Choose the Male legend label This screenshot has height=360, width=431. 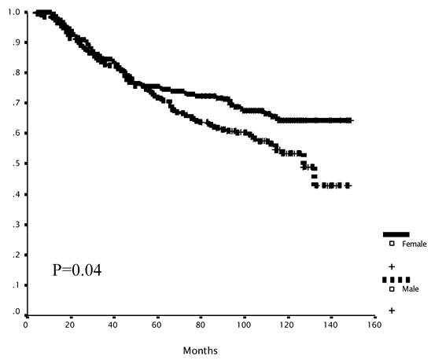pyautogui.click(x=410, y=290)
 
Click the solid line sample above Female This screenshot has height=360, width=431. pyautogui.click(x=396, y=234)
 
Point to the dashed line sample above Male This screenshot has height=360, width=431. pyautogui.click(x=396, y=280)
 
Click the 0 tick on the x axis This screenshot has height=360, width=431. pyautogui.click(x=26, y=324)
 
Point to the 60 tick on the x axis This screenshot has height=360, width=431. pyautogui.click(x=157, y=324)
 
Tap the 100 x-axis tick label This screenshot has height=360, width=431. pyautogui.click(x=244, y=324)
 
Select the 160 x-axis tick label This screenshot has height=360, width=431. pyautogui.click(x=374, y=324)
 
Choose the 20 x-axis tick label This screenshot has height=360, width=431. pyautogui.click(x=69, y=324)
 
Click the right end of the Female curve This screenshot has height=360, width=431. pyautogui.click(x=352, y=120)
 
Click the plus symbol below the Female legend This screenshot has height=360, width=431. pyautogui.click(x=392, y=267)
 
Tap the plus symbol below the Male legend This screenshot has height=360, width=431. pyautogui.click(x=392, y=310)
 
